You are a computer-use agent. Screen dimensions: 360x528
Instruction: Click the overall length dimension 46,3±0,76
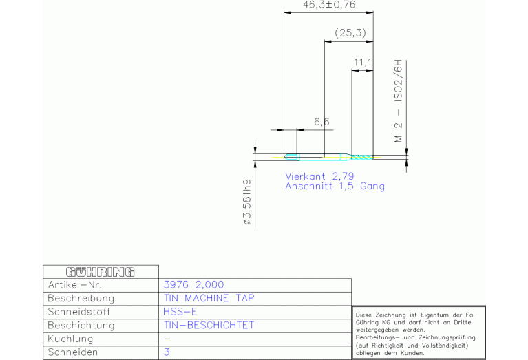coord(329,6)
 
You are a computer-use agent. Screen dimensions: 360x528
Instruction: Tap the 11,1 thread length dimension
coord(362,63)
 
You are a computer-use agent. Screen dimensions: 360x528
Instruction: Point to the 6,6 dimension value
coord(321,122)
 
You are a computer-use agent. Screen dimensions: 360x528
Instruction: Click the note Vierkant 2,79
coord(319,176)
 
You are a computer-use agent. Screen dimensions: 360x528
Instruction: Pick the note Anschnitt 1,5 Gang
coord(335,187)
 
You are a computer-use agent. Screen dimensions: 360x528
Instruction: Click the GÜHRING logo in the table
coord(100,271)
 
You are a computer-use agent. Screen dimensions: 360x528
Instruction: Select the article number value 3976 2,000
coord(193,285)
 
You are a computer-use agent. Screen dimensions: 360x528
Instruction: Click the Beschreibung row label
coord(81,299)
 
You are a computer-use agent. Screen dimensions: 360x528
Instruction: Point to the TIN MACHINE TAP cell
coord(209,299)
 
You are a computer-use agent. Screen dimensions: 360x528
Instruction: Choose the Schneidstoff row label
coord(80,312)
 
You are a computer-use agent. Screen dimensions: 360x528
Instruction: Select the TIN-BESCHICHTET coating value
coord(209,325)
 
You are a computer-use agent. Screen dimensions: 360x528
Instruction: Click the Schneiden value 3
coord(167,352)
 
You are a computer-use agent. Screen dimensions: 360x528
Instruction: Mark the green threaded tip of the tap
coord(362,157)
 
